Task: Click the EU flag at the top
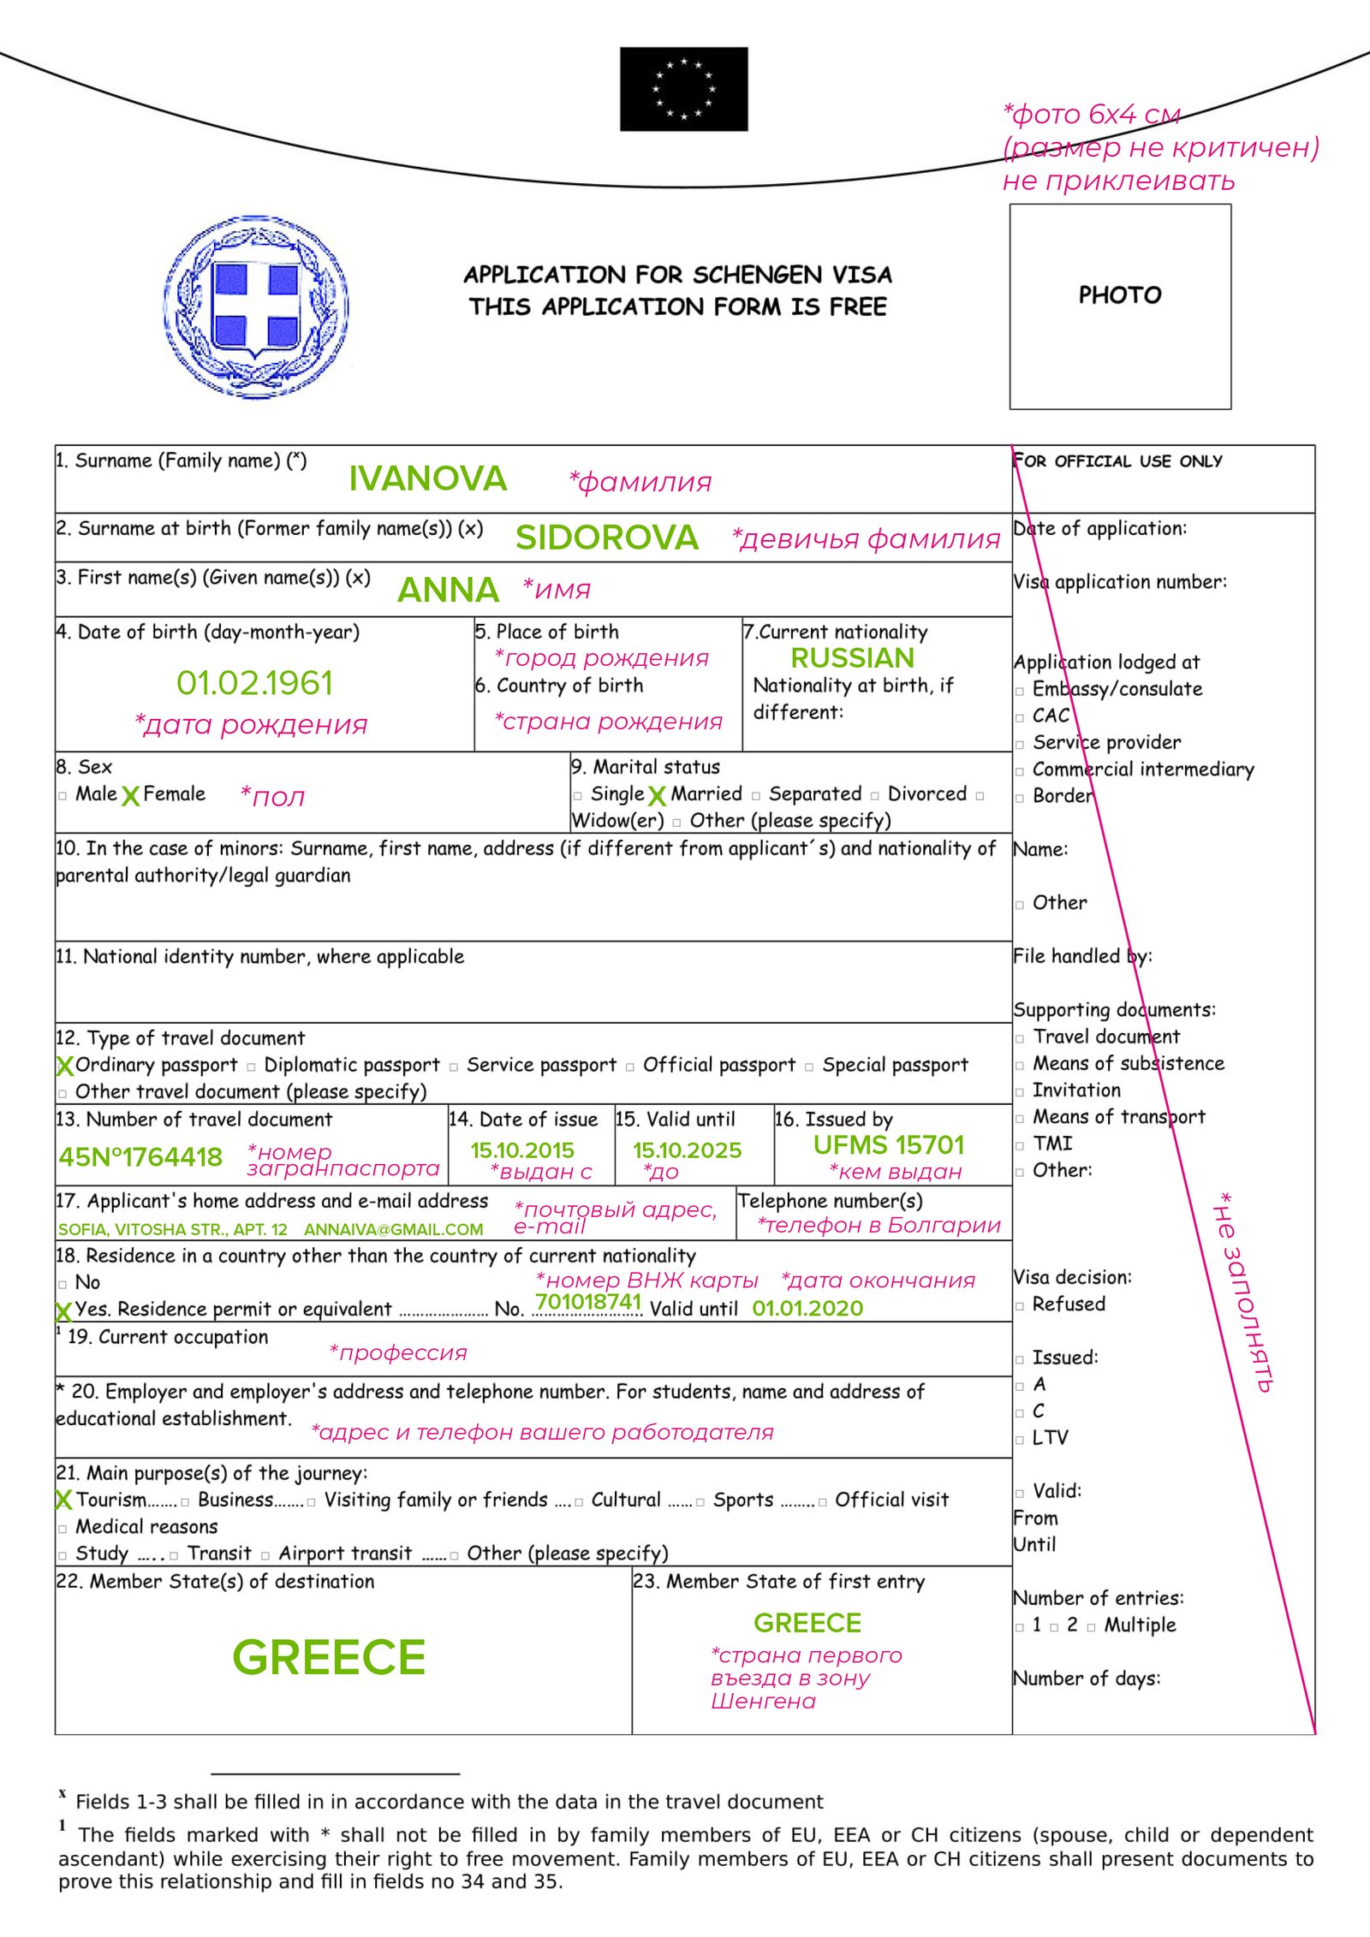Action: [x=683, y=89]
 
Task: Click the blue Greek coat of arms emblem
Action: [x=255, y=306]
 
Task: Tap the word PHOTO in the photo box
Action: [x=1120, y=295]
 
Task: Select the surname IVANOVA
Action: [x=427, y=478]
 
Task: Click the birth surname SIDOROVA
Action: [x=606, y=538]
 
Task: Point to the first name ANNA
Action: [x=448, y=590]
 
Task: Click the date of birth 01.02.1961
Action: [x=254, y=683]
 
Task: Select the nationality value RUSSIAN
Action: [x=852, y=657]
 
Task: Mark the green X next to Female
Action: [x=130, y=797]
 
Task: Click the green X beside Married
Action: [x=657, y=797]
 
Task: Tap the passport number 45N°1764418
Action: [x=140, y=1157]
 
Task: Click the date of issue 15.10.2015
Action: [x=522, y=1150]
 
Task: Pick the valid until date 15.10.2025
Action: [x=687, y=1150]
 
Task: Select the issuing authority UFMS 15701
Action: [x=888, y=1145]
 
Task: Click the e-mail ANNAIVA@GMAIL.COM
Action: [x=393, y=1230]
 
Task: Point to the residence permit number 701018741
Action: [x=588, y=1302]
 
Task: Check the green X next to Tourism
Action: [x=63, y=1500]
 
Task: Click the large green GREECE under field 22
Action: [x=329, y=1658]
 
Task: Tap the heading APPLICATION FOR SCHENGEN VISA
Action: [x=677, y=275]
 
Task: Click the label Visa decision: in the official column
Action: [x=1072, y=1277]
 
